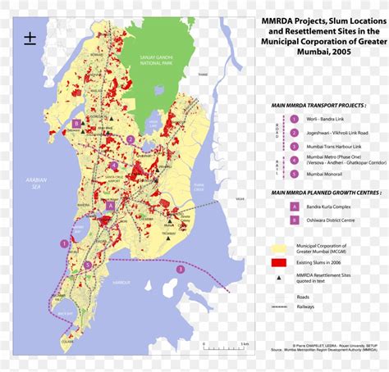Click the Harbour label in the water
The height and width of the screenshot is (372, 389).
click(x=121, y=286)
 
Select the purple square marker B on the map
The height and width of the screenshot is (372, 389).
click(x=76, y=124)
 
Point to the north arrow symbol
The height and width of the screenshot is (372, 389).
click(x=30, y=39)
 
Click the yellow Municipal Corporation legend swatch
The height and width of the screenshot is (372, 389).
click(x=278, y=247)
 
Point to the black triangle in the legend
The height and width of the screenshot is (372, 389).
click(x=278, y=276)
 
